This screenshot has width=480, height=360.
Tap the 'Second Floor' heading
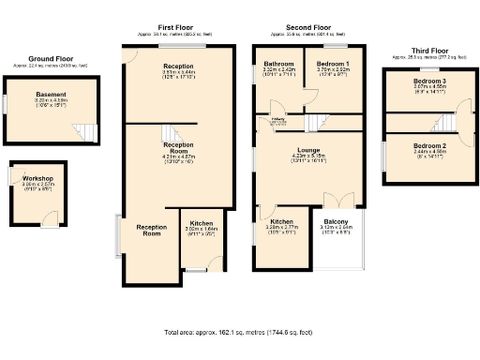click(307, 29)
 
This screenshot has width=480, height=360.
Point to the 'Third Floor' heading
click(425, 51)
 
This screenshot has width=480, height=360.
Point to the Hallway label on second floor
click(278, 119)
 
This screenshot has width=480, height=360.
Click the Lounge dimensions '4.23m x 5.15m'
click(308, 156)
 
